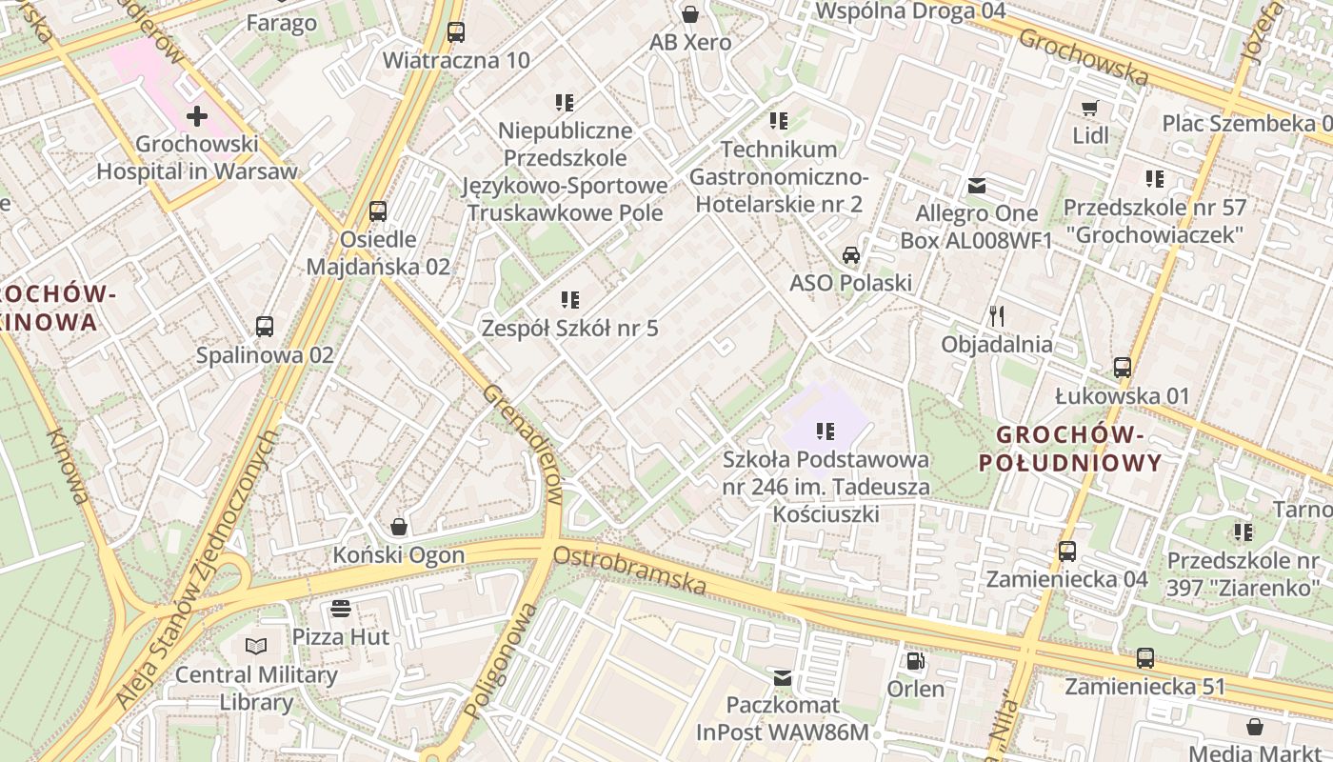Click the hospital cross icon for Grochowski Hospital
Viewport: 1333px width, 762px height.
197,116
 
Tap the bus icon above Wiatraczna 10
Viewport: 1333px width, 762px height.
456,31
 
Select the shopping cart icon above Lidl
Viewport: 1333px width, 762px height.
1090,108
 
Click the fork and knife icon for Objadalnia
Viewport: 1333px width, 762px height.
997,316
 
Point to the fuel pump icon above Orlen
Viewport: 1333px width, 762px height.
915,660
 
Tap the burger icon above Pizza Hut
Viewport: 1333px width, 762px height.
341,609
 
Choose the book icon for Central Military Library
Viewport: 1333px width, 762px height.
256,647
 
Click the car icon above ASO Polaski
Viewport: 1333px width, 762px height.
850,255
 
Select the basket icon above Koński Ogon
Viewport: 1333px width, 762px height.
399,527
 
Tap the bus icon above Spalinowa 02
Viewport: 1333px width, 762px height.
265,327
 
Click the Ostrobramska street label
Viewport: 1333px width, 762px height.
629,569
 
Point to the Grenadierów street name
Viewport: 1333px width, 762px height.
524,443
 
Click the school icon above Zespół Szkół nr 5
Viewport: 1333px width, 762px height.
570,301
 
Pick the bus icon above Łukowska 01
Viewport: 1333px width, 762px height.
1123,368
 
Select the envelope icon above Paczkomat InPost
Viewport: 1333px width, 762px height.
783,677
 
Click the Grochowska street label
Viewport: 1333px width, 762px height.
1084,55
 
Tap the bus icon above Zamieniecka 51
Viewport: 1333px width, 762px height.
1145,658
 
